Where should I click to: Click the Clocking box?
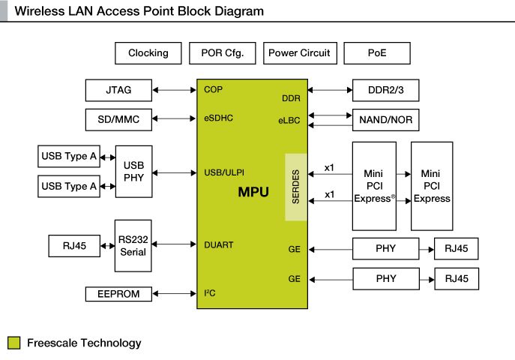[x=148, y=53]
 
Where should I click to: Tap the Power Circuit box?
[x=298, y=53]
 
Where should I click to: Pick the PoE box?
[x=378, y=53]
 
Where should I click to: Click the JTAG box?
[x=118, y=90]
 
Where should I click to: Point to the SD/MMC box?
[x=118, y=118]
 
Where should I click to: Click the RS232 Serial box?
[x=133, y=245]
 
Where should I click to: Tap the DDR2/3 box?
[x=385, y=90]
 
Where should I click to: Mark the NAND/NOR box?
[x=385, y=118]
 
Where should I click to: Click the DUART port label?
[x=218, y=244]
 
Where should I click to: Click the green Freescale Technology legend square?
[x=13, y=343]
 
